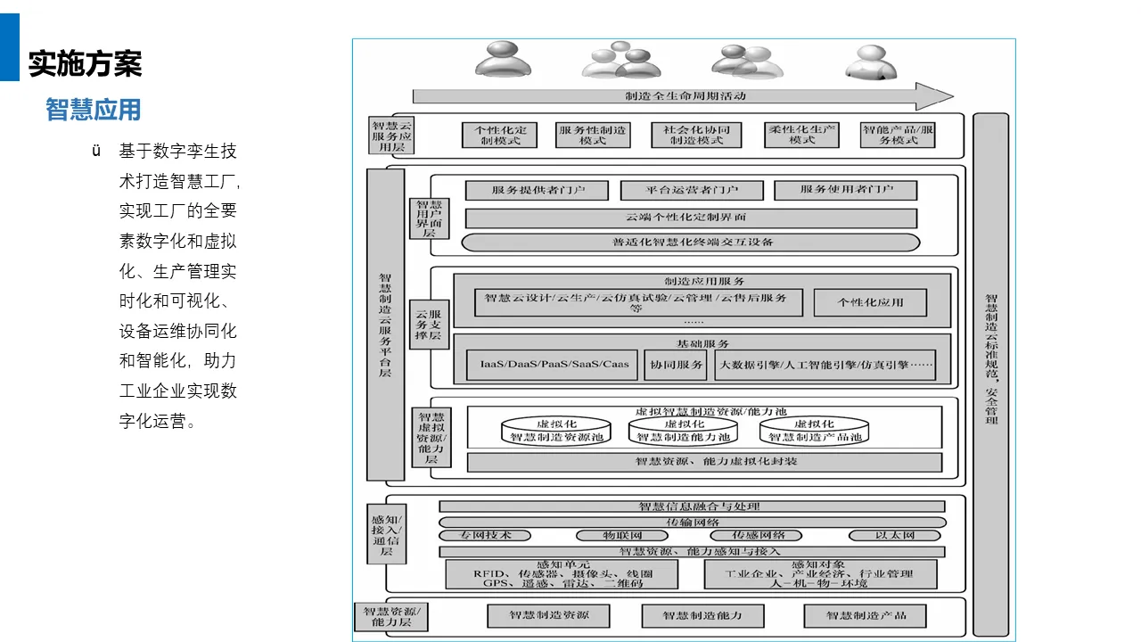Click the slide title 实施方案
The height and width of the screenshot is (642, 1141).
click(85, 63)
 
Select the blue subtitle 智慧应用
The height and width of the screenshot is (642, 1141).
click(94, 110)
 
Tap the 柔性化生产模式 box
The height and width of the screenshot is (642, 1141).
click(801, 135)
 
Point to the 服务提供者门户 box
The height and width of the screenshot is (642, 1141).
click(537, 190)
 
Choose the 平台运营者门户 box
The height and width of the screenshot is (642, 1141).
click(692, 190)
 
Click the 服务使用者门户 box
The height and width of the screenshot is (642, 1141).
click(846, 190)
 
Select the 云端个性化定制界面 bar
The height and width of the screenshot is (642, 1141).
click(691, 218)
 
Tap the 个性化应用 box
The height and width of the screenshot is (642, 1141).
click(869, 302)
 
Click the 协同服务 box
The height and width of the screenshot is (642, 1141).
click(675, 364)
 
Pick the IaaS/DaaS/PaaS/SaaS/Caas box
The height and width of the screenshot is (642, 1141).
click(554, 364)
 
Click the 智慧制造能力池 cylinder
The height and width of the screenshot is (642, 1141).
click(684, 432)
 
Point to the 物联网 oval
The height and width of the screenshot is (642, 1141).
click(622, 535)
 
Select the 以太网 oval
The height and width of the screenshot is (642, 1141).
click(894, 535)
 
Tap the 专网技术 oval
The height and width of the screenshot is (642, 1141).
click(485, 535)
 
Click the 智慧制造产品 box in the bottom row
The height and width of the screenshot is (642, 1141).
click(865, 615)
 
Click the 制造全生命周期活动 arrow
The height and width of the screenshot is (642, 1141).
click(682, 95)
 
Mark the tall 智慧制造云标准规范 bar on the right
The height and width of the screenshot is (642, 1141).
click(990, 374)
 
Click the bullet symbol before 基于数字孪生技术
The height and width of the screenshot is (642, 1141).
click(96, 151)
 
